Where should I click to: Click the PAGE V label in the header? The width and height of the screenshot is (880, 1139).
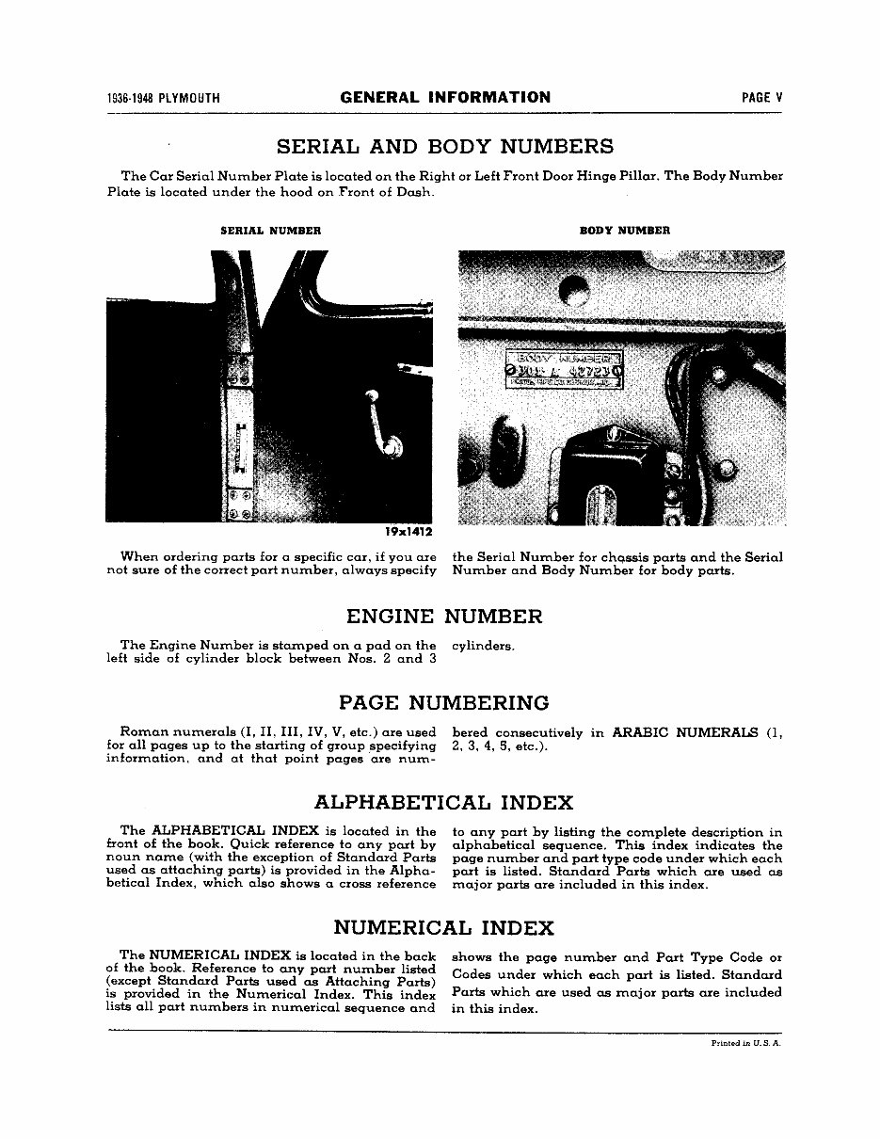tap(761, 98)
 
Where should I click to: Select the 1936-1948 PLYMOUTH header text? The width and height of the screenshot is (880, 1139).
tap(164, 98)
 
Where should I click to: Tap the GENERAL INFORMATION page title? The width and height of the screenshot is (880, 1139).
tap(445, 97)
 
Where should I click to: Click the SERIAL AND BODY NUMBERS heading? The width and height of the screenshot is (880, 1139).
tap(444, 147)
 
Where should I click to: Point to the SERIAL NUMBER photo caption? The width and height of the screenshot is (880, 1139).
tap(270, 231)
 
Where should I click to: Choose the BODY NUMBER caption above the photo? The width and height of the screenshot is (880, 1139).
tap(624, 231)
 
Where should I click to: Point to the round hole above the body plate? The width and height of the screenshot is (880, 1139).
tap(573, 291)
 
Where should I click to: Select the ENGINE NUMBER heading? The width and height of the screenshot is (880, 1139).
tap(444, 618)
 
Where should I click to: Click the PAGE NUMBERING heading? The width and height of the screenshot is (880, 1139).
tap(443, 703)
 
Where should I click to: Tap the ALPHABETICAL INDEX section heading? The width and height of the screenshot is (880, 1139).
tap(443, 803)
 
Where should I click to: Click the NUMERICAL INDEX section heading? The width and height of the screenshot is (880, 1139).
tap(443, 928)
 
